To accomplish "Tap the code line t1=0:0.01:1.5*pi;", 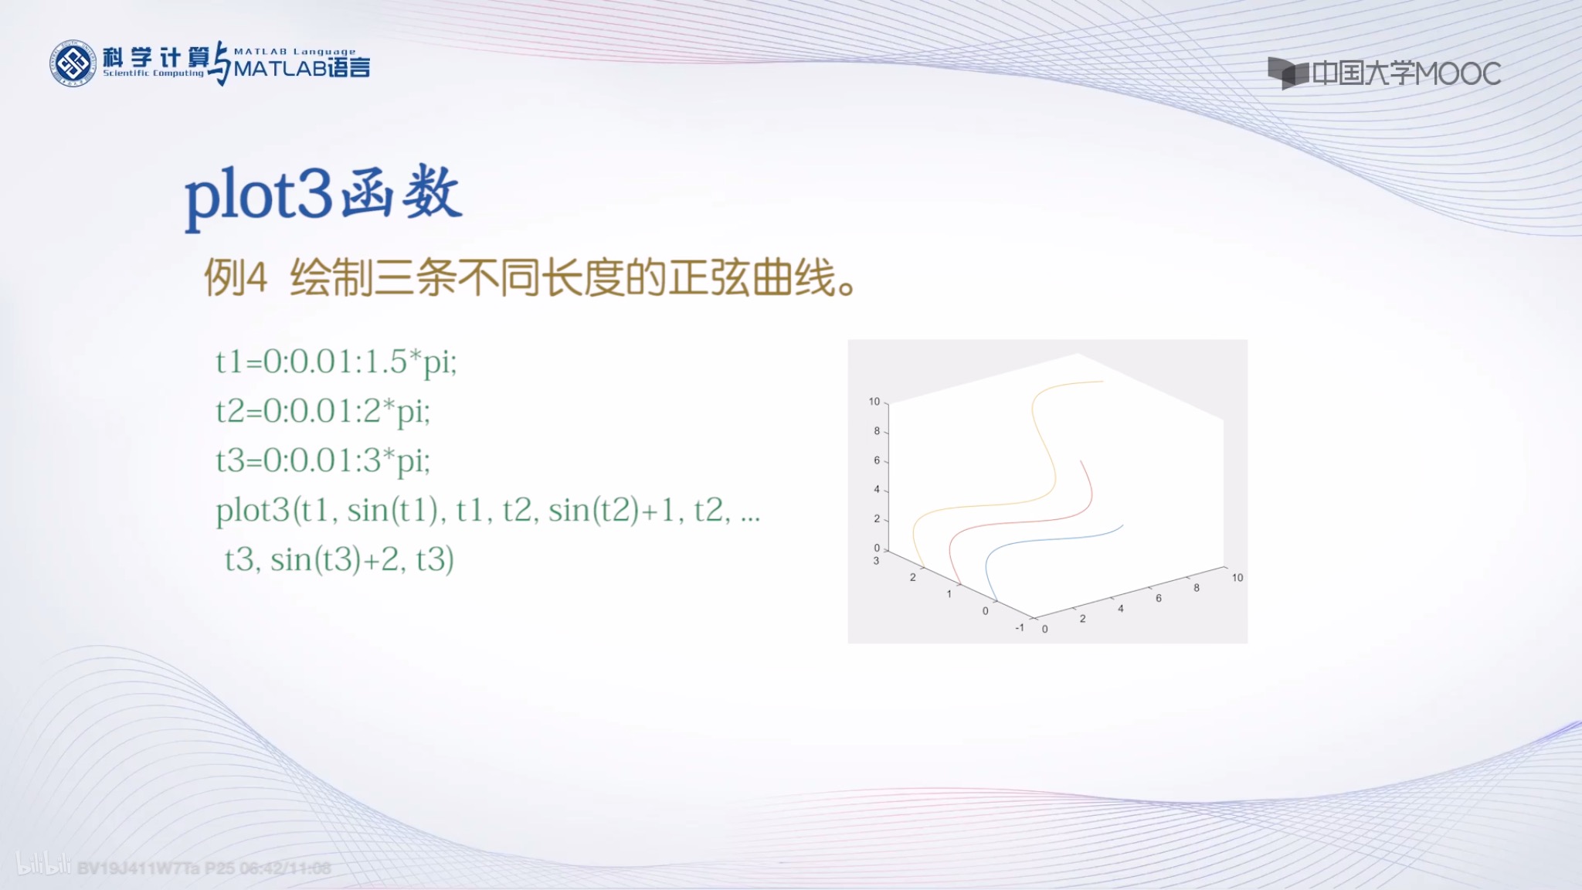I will click(x=336, y=362).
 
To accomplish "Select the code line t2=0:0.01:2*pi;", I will click(x=323, y=411).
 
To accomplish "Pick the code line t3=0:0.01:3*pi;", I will click(x=323, y=460).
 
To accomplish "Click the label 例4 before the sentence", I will click(x=236, y=277).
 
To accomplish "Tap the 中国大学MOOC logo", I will click(x=1384, y=73).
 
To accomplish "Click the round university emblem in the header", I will click(x=73, y=63).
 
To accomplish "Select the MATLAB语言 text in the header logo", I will click(x=301, y=69).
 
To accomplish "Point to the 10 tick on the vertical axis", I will click(x=874, y=402).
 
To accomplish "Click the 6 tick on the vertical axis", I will click(x=877, y=460).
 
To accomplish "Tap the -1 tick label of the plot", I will click(x=1019, y=627).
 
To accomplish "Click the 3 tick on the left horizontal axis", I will click(x=876, y=561).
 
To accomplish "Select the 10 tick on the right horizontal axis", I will click(x=1237, y=578).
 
